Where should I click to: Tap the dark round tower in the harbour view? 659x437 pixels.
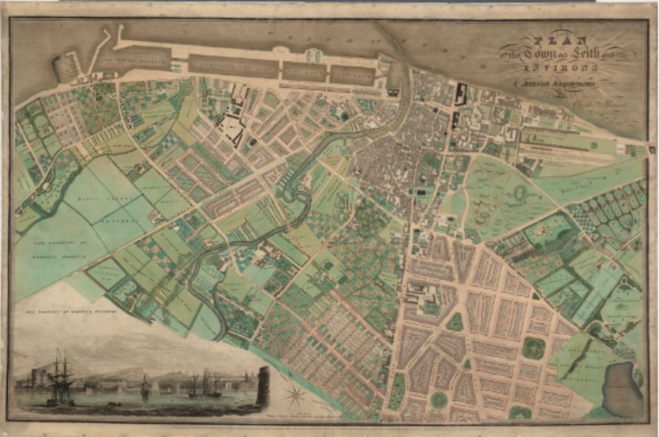263,386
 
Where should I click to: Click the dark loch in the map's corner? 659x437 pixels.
622,389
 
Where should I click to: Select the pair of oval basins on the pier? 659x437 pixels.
315,55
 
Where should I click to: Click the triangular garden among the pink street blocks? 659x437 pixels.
455,320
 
